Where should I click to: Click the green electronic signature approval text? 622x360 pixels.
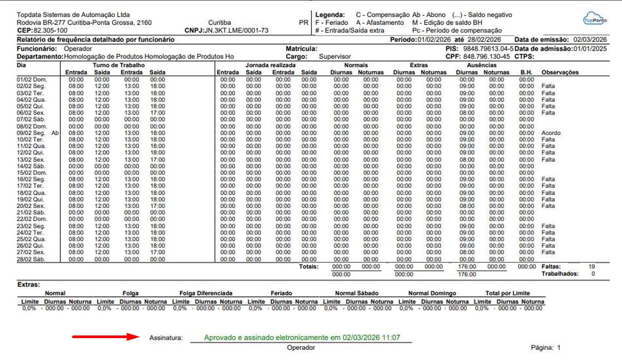click(x=302, y=338)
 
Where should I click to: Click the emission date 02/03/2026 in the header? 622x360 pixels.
click(x=590, y=39)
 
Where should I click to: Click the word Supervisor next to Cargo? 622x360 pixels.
click(x=335, y=55)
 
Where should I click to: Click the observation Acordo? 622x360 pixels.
click(x=551, y=133)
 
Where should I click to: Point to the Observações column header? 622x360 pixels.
click(x=560, y=73)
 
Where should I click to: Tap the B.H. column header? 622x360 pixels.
click(x=527, y=73)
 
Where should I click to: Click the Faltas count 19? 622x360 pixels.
click(x=592, y=266)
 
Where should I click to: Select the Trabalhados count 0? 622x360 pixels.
click(x=593, y=274)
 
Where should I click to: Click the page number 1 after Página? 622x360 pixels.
click(x=559, y=347)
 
